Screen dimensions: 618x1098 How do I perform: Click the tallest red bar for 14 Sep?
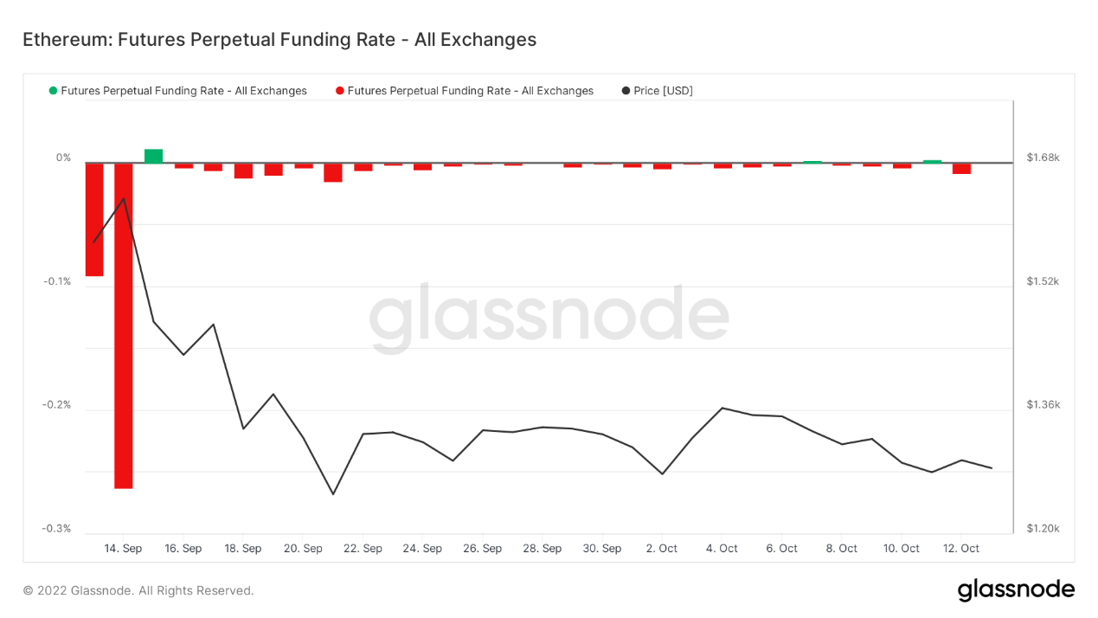click(x=124, y=325)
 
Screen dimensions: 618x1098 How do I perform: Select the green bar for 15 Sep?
click(x=153, y=156)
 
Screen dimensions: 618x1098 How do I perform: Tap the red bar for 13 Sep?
click(x=94, y=219)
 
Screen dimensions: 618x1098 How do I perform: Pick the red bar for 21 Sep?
click(x=333, y=172)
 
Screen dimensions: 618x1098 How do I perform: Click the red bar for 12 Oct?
click(x=961, y=168)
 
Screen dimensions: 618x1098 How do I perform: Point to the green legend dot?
click(x=54, y=91)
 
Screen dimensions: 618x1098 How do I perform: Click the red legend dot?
click(x=340, y=91)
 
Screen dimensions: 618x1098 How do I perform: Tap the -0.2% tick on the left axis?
click(x=57, y=405)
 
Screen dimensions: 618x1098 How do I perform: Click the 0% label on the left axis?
click(x=64, y=158)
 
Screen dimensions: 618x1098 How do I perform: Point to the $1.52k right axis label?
click(x=1043, y=281)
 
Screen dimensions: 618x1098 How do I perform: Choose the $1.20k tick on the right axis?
click(x=1043, y=529)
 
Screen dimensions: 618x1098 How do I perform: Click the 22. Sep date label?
click(x=363, y=549)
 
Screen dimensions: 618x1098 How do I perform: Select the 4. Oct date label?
click(x=722, y=549)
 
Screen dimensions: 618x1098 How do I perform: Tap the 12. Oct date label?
click(x=961, y=549)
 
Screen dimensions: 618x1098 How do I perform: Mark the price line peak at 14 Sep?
click(x=124, y=199)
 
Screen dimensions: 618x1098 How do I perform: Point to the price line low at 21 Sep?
click(x=333, y=494)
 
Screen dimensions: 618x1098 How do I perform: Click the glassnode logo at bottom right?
click(x=1016, y=590)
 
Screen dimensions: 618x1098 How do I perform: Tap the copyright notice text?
click(x=138, y=591)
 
